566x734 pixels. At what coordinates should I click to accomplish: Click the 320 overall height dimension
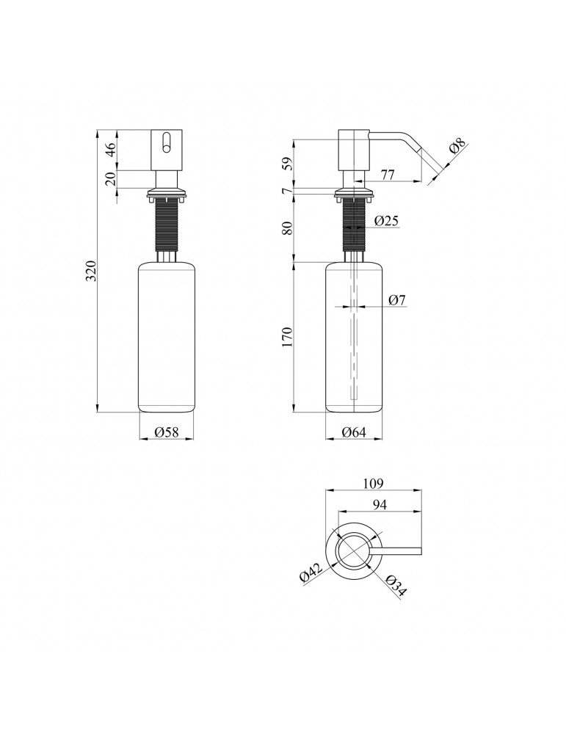click(x=92, y=271)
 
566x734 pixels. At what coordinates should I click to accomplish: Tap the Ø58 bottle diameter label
click(x=167, y=432)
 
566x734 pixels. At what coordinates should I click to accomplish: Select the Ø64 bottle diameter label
click(x=353, y=432)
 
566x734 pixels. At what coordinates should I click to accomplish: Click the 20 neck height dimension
click(x=111, y=179)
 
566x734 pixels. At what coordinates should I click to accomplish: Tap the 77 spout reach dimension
click(x=387, y=175)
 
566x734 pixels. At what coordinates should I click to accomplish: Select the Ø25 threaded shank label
click(x=387, y=220)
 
